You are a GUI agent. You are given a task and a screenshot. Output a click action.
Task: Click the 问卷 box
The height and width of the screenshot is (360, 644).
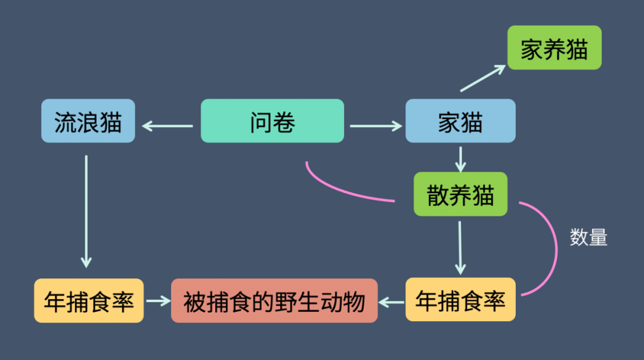click(x=272, y=121)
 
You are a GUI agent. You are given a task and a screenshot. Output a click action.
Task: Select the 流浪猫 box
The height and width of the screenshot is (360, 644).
click(x=88, y=121)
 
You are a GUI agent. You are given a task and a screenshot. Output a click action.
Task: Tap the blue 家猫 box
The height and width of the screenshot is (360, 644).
click(x=460, y=121)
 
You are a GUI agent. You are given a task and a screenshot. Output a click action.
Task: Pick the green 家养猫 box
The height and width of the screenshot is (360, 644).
click(x=554, y=48)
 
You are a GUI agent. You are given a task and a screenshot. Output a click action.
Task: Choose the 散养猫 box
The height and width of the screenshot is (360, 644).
click(x=460, y=194)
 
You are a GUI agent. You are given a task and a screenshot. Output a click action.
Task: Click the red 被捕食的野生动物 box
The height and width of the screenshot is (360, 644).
click(x=274, y=301)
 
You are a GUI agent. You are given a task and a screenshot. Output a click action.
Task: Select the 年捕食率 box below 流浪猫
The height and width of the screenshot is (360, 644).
click(x=89, y=301)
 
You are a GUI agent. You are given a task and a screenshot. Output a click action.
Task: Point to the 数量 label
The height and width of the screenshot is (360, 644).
click(x=588, y=237)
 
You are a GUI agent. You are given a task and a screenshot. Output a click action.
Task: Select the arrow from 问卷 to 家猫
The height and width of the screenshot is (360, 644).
click(x=376, y=126)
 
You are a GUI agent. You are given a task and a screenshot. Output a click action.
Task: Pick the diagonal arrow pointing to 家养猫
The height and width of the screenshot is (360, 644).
click(x=483, y=79)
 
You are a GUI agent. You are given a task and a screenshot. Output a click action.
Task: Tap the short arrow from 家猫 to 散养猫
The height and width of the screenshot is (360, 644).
click(x=460, y=158)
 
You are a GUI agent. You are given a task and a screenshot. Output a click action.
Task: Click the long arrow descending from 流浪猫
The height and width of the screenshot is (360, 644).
click(x=86, y=212)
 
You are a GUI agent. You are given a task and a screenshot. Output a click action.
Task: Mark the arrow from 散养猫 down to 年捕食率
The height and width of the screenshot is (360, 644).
click(x=459, y=247)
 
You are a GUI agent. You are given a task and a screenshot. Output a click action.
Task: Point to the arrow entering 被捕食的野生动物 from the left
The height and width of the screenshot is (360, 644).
click(x=158, y=301)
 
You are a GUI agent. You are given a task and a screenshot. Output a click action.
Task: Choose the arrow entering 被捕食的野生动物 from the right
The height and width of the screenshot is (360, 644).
click(x=392, y=302)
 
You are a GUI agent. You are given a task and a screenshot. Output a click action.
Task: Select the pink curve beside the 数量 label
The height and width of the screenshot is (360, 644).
click(x=555, y=250)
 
